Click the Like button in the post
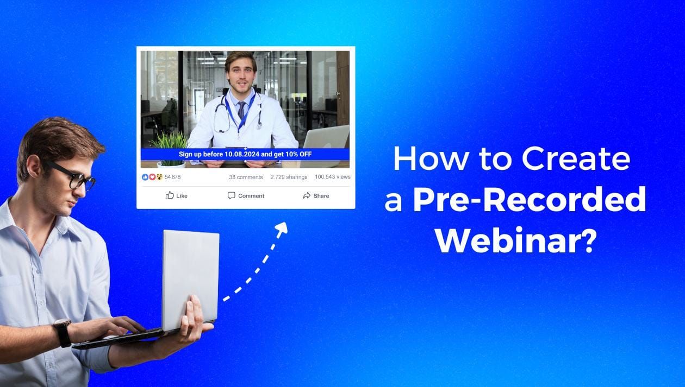177,195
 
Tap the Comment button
246,195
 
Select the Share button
316,195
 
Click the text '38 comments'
246,177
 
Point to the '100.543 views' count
332,177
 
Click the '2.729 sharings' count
289,177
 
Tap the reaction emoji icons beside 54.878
152,177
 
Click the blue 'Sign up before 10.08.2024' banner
245,154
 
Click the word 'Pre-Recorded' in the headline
529,200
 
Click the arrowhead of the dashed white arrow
281,228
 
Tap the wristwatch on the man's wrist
62,332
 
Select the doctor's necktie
241,111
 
